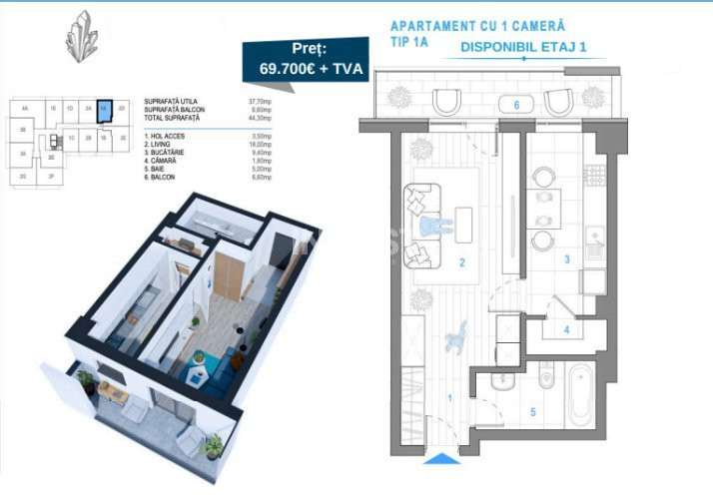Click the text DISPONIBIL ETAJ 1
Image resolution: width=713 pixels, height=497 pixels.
pyautogui.click(x=523, y=46)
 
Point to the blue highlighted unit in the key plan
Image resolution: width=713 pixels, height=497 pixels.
pyautogui.click(x=103, y=110)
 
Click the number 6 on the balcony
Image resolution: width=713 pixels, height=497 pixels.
pyautogui.click(x=516, y=104)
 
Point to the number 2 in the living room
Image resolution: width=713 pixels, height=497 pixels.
pyautogui.click(x=460, y=264)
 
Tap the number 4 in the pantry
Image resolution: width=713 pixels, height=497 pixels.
pyautogui.click(x=565, y=328)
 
